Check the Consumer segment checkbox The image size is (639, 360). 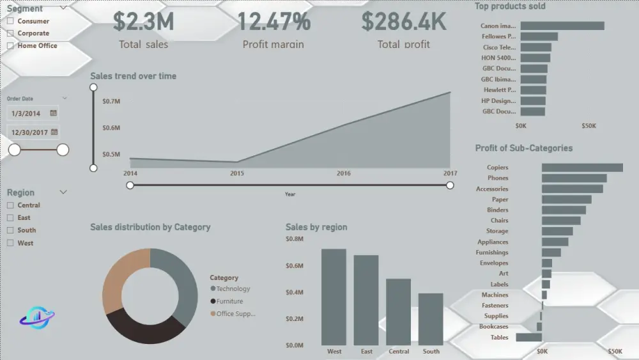tap(10, 21)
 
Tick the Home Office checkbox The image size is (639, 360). tap(10, 46)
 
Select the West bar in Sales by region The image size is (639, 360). tap(334, 297)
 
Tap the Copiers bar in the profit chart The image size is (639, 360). tap(582, 168)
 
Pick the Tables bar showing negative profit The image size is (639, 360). tap(529, 337)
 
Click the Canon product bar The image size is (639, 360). tap(562, 26)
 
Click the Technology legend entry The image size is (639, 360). tap(233, 289)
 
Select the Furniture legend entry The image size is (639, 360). tap(229, 301)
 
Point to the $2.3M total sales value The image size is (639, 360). tap(143, 21)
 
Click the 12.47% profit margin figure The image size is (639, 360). tap(273, 21)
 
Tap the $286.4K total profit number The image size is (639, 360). tap(404, 21)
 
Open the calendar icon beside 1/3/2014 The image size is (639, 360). tap(54, 113)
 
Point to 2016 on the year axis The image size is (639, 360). tap(344, 173)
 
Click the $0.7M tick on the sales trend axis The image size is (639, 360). tap(111, 102)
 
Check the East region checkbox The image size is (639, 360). tap(10, 218)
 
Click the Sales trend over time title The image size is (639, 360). tap(133, 76)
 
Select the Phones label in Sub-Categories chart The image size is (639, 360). tap(498, 178)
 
